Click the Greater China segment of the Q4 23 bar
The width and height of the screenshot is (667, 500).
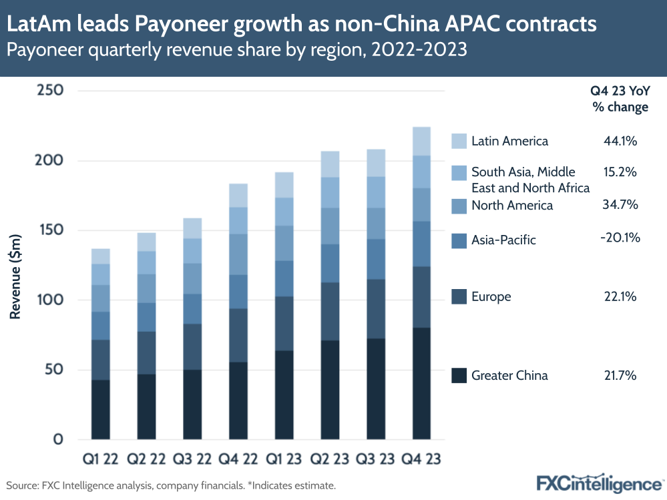click(x=421, y=383)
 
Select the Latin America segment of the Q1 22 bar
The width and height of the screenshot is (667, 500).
click(x=101, y=256)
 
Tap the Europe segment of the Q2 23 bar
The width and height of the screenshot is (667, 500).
click(x=330, y=311)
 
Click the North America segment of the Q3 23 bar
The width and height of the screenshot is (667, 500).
click(x=376, y=224)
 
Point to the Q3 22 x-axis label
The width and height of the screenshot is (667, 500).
click(x=192, y=459)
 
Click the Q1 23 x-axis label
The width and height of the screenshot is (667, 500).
click(x=284, y=459)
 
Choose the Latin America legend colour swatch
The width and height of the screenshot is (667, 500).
click(x=459, y=141)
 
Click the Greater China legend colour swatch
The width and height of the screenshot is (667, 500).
click(x=459, y=375)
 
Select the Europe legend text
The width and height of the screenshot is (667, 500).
click(x=491, y=296)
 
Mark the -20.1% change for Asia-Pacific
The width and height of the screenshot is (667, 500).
click(x=620, y=237)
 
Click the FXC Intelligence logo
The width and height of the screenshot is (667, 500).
click(x=598, y=483)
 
